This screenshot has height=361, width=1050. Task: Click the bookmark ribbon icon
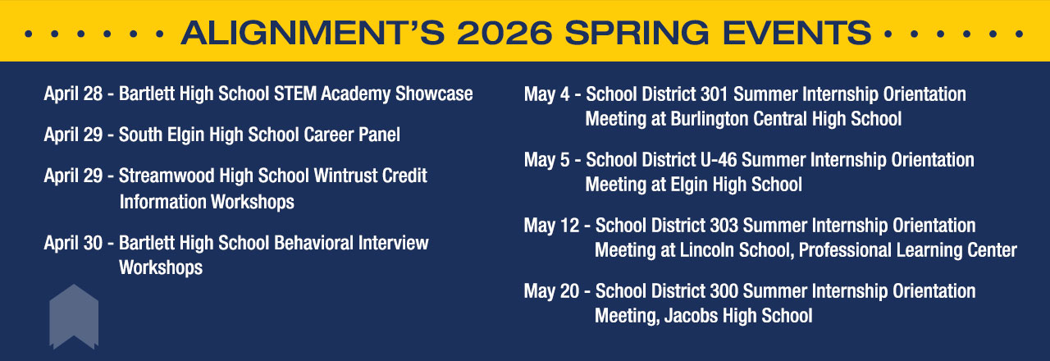pyautogui.click(x=74, y=317)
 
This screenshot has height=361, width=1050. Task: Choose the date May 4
pyautogui.click(x=547, y=94)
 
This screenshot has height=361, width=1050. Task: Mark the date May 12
pyautogui.click(x=552, y=226)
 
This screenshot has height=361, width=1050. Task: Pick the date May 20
pyautogui.click(x=552, y=291)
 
